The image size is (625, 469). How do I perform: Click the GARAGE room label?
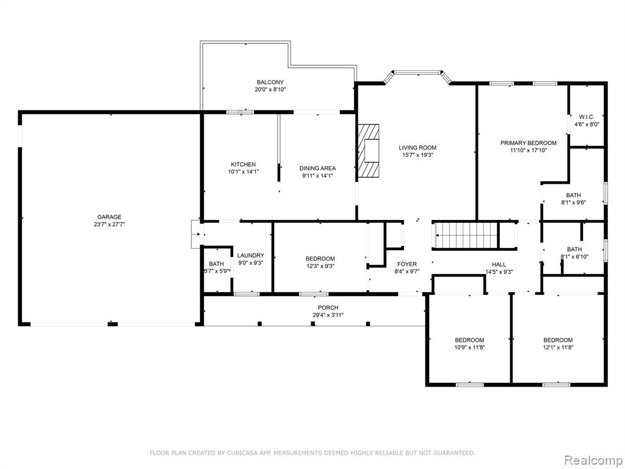109,217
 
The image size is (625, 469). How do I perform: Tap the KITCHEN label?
243,164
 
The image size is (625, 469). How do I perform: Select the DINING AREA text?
317,169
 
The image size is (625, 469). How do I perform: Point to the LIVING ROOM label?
417,148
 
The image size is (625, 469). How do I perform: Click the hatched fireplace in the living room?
367,150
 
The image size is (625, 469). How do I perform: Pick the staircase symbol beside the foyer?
466,235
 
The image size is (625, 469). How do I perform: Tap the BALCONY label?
270,82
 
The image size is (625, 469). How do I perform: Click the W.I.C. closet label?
587,117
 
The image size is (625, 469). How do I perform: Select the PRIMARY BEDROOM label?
528,143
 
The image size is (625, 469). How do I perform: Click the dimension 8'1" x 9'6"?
574,202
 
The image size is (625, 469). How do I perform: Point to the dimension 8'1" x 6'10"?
574,256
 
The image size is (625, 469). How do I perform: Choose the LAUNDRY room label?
251,255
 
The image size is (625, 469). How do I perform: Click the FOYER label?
407,264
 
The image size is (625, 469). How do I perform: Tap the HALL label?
499,264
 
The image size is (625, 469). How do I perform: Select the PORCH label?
328,308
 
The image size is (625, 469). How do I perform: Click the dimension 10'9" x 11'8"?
469,347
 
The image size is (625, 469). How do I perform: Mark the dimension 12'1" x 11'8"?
558,347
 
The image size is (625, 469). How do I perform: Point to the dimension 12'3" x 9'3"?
320,266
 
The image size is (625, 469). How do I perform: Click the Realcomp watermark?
593,460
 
